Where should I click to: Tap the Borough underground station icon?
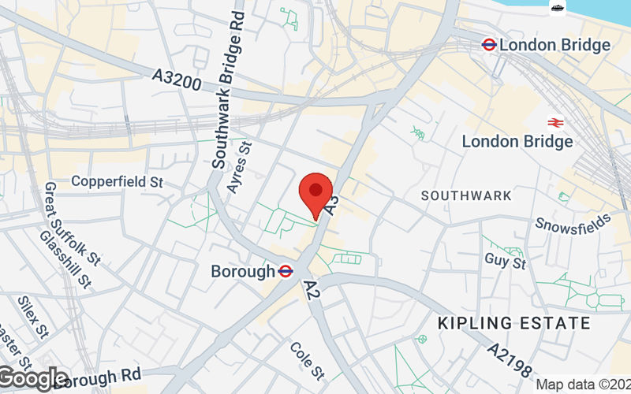click(286, 271)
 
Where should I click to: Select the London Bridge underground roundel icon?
click(489, 45)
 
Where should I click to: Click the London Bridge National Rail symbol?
click(554, 122)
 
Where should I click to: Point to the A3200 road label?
click(178, 80)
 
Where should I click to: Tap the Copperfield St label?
click(117, 181)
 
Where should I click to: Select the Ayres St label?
click(239, 167)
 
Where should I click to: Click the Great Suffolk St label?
click(73, 223)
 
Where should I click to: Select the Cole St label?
click(308, 359)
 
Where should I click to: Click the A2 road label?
click(311, 290)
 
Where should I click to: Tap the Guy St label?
click(506, 260)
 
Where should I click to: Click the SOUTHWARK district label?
click(466, 195)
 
